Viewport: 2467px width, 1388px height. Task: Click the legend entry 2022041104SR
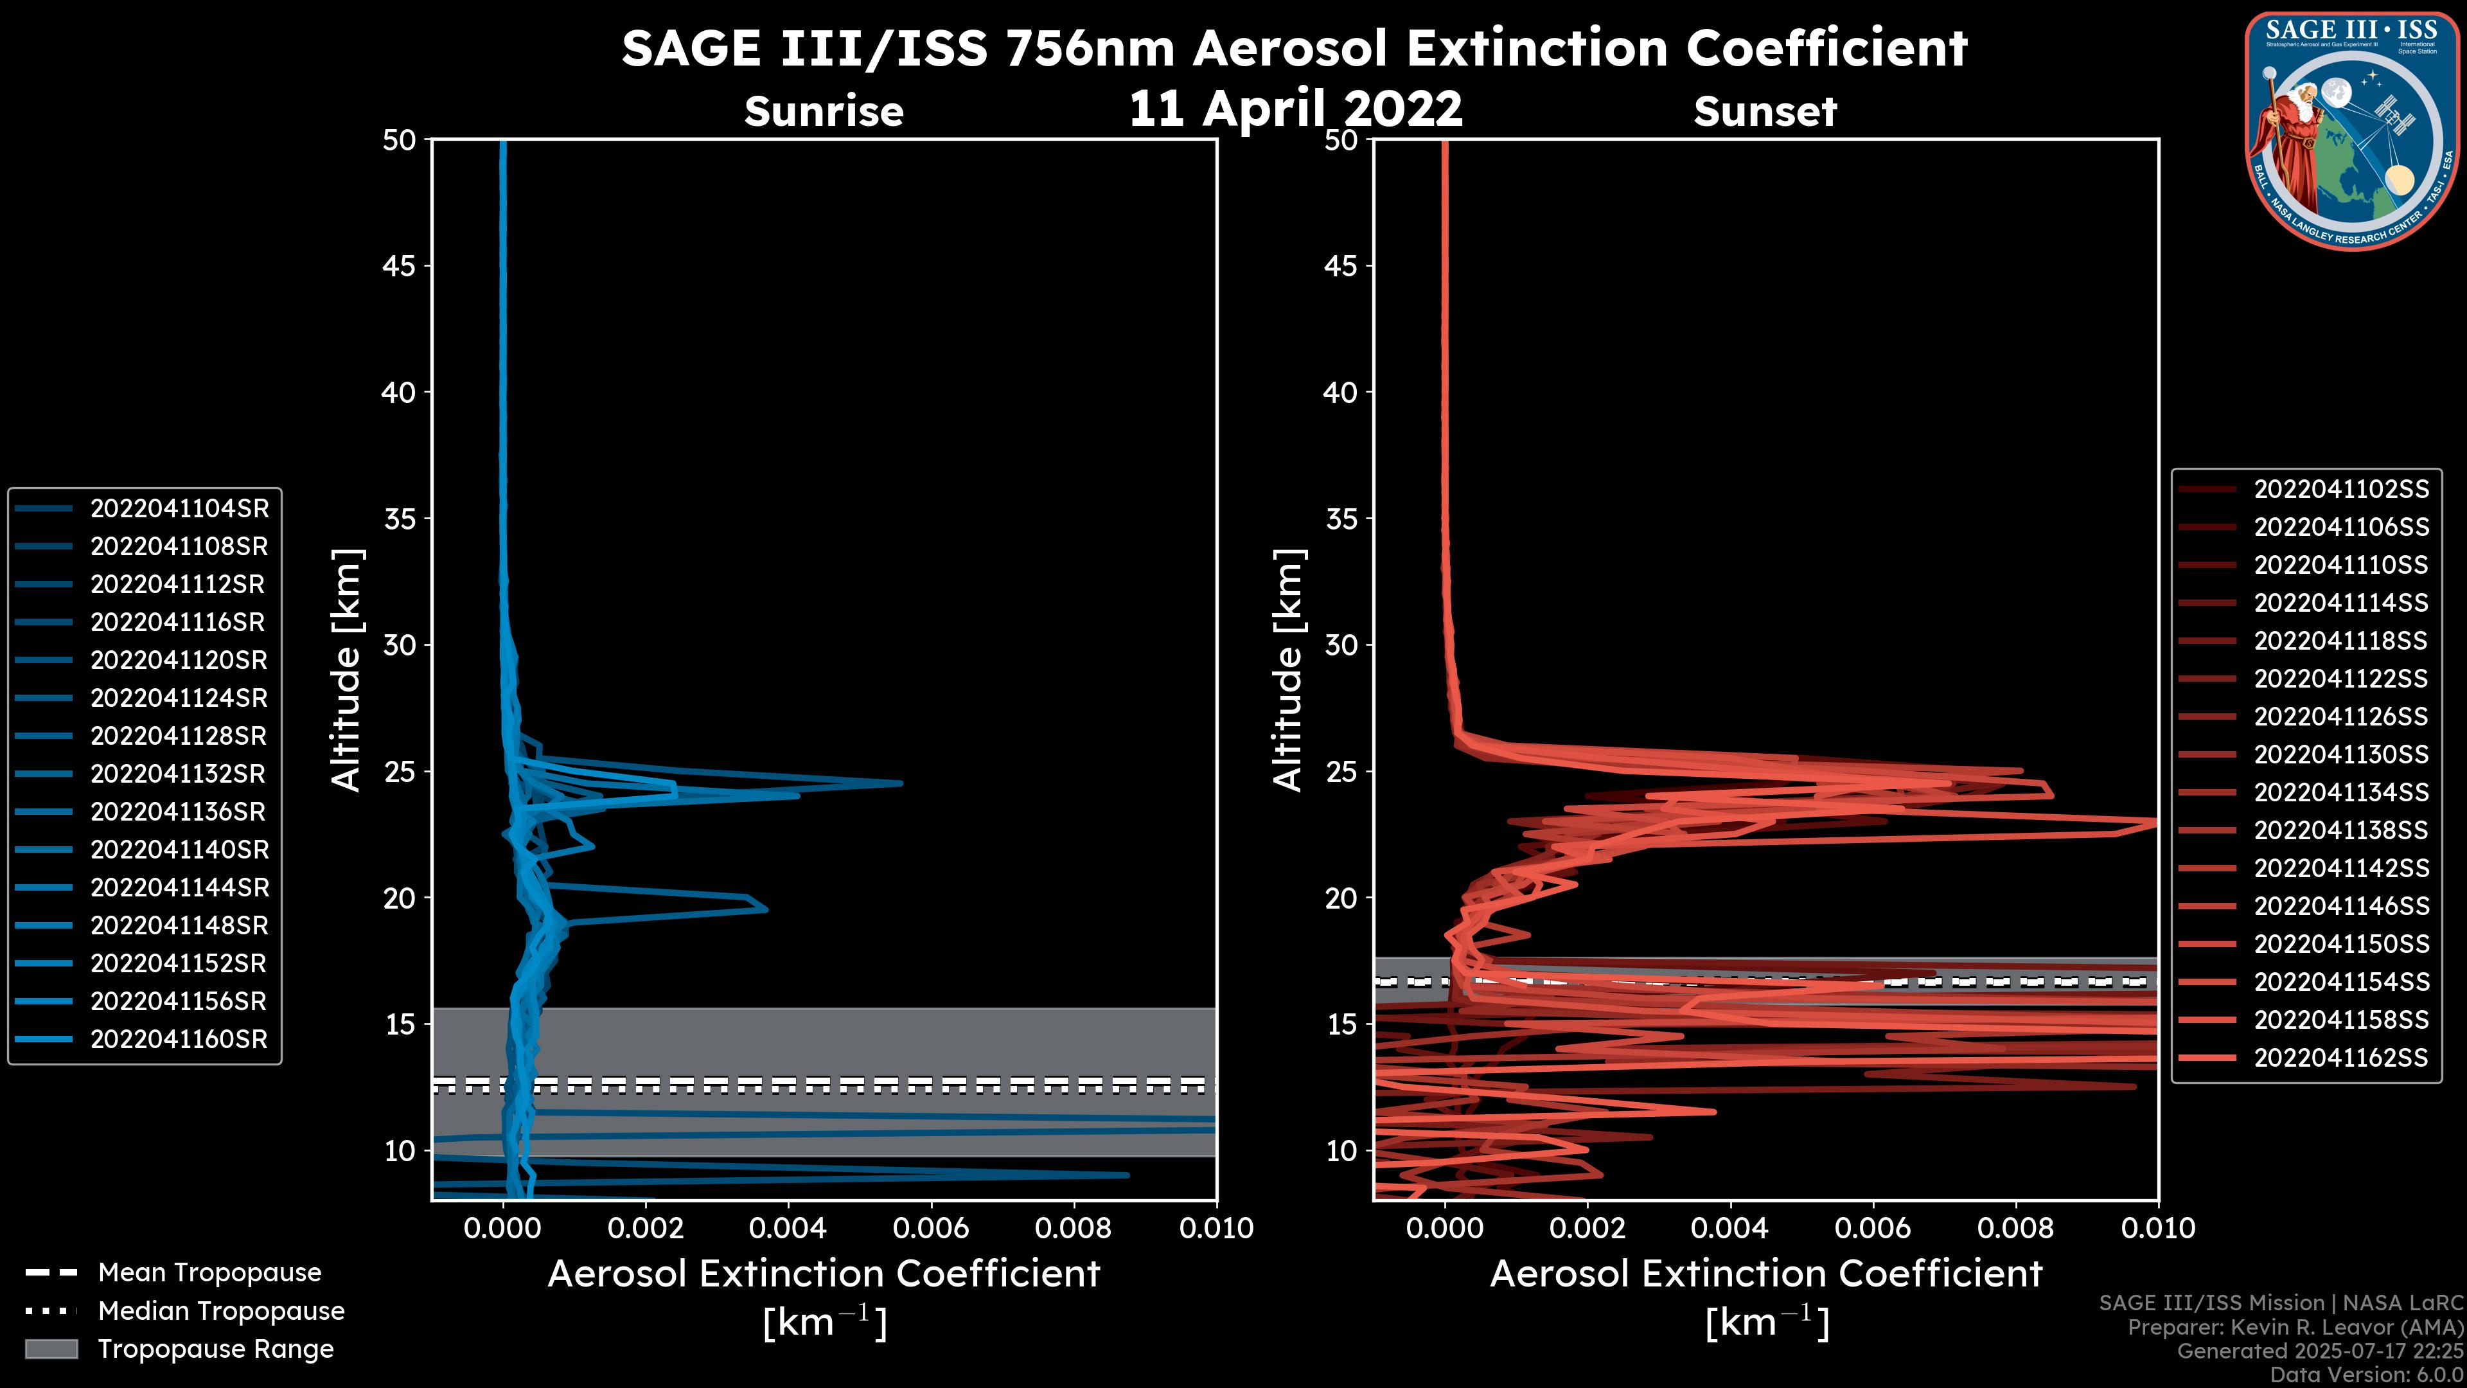click(x=179, y=509)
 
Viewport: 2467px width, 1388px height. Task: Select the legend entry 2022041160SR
click(x=179, y=1039)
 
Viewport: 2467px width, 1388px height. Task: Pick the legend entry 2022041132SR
click(x=179, y=774)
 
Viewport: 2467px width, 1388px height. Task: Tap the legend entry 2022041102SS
click(x=2340, y=490)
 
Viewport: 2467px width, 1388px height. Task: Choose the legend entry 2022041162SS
click(x=2340, y=1058)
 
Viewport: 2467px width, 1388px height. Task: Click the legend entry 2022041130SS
click(x=2340, y=755)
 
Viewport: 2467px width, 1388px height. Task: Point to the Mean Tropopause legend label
click(x=209, y=1273)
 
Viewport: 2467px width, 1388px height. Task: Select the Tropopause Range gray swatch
click(x=51, y=1349)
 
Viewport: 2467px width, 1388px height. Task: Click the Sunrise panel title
click(x=824, y=112)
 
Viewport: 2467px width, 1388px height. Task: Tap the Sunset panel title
click(x=1765, y=112)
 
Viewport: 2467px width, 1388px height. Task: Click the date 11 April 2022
click(x=1296, y=108)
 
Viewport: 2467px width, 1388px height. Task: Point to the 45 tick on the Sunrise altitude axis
click(x=400, y=266)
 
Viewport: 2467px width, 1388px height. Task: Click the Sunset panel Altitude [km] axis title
click(x=1288, y=670)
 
